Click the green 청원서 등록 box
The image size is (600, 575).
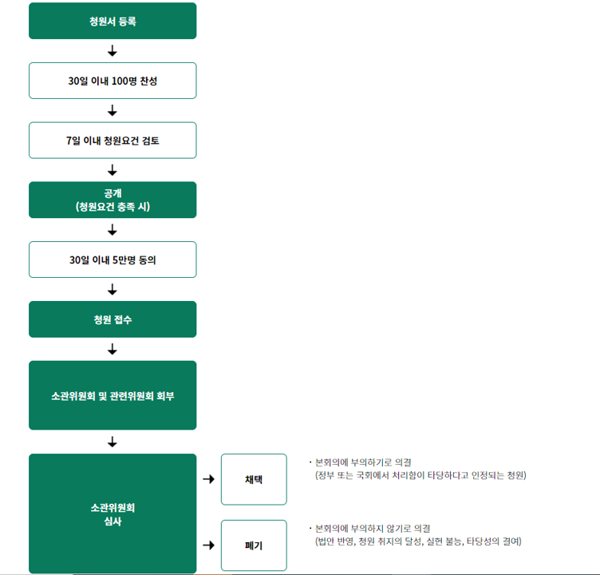pyautogui.click(x=112, y=21)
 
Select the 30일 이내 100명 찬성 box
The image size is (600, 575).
pyautogui.click(x=112, y=81)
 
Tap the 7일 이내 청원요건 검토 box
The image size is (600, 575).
pyautogui.click(x=112, y=141)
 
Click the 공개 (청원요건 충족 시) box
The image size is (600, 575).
pyautogui.click(x=112, y=200)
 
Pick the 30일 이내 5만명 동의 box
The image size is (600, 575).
pyautogui.click(x=112, y=260)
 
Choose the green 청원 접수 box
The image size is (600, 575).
pyautogui.click(x=112, y=319)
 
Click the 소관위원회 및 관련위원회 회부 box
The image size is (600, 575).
pyautogui.click(x=112, y=395)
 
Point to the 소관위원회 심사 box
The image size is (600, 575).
pyautogui.click(x=112, y=514)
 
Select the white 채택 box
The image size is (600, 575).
pyautogui.click(x=254, y=479)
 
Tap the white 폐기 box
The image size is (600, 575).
pyautogui.click(x=254, y=545)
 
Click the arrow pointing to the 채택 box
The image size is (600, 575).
pyautogui.click(x=209, y=479)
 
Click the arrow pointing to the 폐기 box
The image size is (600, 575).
pyautogui.click(x=209, y=545)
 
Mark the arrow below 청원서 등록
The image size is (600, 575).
pyautogui.click(x=112, y=51)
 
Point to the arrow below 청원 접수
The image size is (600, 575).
pyautogui.click(x=112, y=349)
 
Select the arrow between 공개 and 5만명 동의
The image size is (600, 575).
pyautogui.click(x=112, y=230)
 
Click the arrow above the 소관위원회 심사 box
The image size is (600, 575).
pyautogui.click(x=112, y=442)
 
